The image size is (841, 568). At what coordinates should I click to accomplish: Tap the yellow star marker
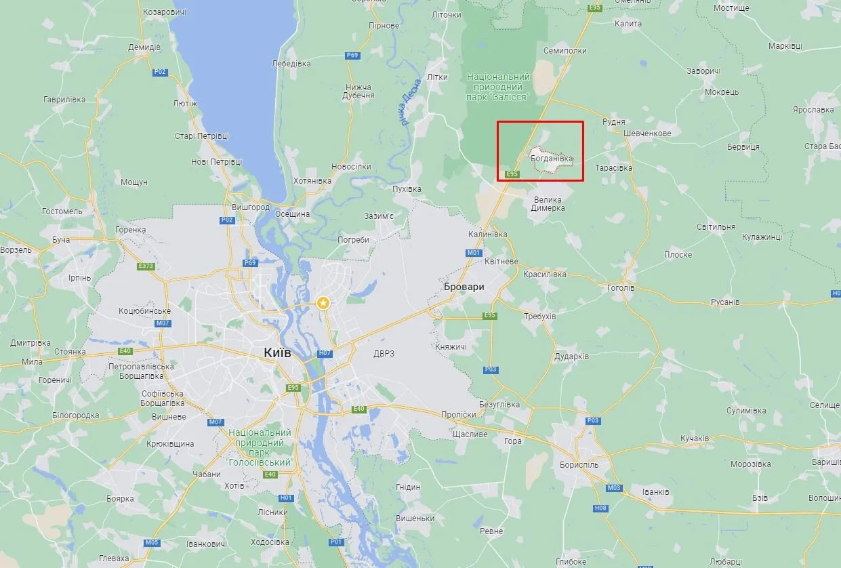[325, 302]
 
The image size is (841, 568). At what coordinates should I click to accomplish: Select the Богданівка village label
[552, 159]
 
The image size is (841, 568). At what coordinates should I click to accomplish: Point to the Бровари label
[464, 287]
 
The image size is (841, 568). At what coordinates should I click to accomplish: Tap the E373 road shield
[146, 266]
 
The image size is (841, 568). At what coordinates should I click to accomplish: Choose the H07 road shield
[325, 353]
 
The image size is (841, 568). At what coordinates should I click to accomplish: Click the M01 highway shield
[474, 253]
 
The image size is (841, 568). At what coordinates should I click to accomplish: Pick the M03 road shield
[615, 488]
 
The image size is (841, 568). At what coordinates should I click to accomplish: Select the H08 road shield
[600, 508]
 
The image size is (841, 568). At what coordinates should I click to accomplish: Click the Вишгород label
[251, 207]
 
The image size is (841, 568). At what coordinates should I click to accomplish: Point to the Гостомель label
[62, 211]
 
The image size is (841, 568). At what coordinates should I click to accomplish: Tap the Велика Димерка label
[549, 204]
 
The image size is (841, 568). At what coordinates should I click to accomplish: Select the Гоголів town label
[621, 287]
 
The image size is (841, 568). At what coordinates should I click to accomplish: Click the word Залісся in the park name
[509, 97]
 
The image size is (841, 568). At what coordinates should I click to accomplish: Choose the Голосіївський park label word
[260, 462]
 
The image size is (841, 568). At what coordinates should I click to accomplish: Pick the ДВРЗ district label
[384, 353]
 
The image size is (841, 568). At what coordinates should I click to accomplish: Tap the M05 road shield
[152, 542]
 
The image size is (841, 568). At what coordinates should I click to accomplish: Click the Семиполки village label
[565, 51]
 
